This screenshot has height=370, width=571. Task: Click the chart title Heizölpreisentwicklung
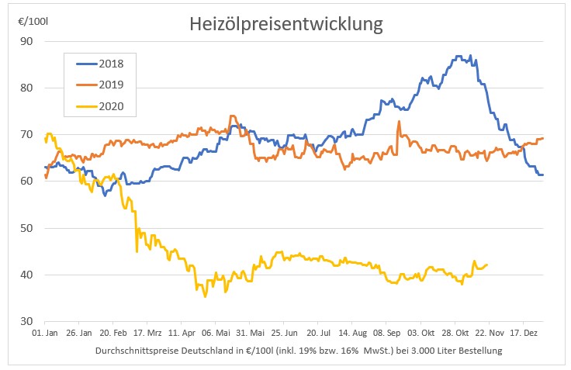[x=286, y=24]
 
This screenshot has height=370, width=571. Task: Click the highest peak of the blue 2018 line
[x=459, y=56]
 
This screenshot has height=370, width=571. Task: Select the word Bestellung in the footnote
[x=479, y=351]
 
